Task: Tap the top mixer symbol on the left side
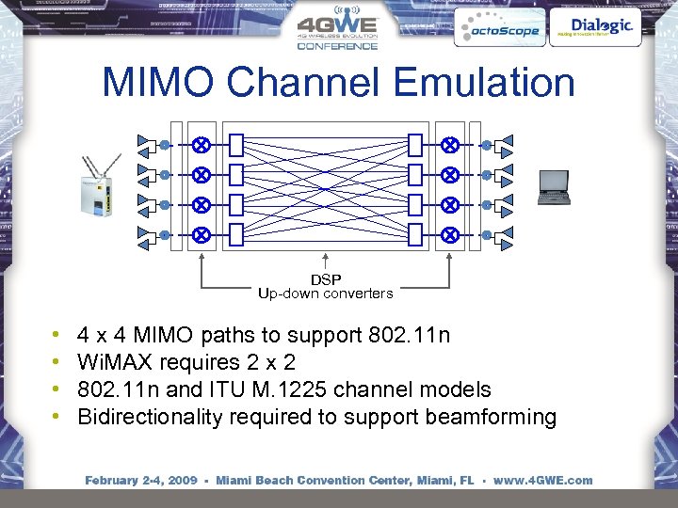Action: tap(201, 145)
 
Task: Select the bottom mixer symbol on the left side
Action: tap(201, 234)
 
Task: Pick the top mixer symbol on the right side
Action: tap(450, 145)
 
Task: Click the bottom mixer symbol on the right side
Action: tap(450, 234)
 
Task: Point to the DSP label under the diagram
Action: tap(326, 279)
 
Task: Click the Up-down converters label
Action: tap(326, 294)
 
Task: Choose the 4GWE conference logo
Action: tap(337, 28)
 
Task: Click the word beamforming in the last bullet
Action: tap(491, 417)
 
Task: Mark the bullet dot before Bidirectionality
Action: tap(57, 417)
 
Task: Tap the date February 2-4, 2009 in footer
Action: tap(140, 481)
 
